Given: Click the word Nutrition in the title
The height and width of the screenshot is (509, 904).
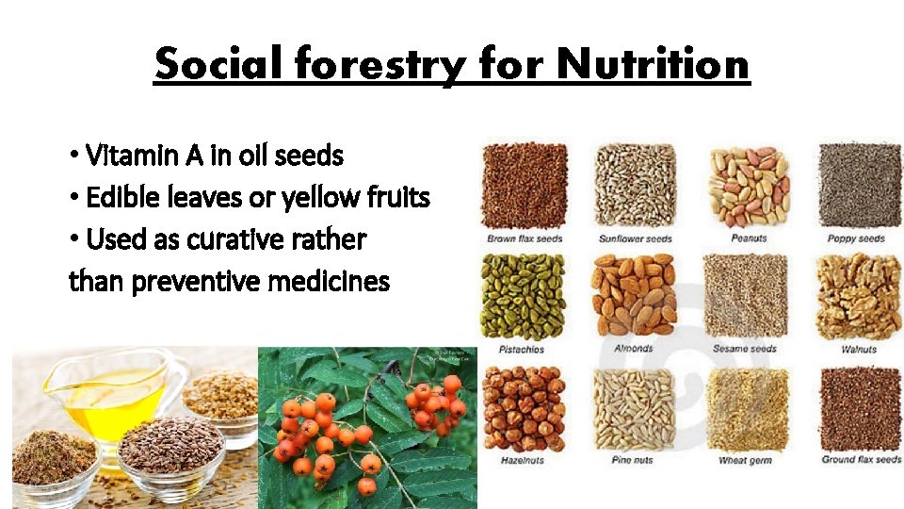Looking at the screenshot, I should pos(653,64).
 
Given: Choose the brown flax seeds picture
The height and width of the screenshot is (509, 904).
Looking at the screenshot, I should pos(524,186).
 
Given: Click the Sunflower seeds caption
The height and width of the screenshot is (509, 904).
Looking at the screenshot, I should pos(635,239).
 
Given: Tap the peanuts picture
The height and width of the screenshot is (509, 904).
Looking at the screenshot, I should pos(748,186).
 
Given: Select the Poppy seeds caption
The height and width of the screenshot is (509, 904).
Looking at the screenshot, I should pos(856,239).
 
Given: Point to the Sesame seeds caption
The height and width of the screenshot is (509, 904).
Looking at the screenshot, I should pos(745,349).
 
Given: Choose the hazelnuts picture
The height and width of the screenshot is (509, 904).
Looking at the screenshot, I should pos(524,408).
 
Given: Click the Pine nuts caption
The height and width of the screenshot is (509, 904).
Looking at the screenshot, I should pos(634,460).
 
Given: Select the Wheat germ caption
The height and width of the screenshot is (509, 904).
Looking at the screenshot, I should pos(746,460).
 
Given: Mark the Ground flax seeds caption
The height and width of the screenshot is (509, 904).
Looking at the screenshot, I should pos(861,460).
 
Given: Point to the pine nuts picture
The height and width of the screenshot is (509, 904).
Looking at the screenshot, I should pos(635,408).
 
